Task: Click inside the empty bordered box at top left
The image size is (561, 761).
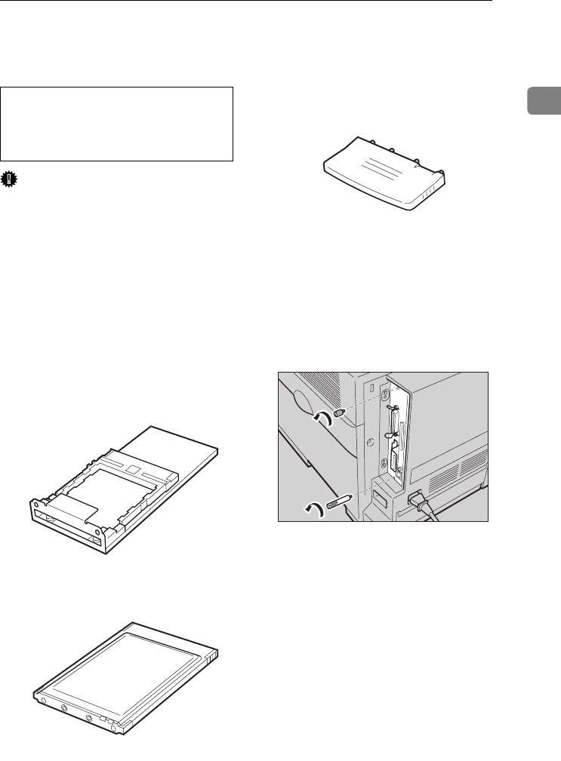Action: tap(116, 124)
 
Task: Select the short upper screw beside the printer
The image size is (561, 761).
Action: tap(338, 415)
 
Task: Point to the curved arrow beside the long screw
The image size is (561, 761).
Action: tap(314, 508)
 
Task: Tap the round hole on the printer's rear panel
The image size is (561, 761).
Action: tap(369, 443)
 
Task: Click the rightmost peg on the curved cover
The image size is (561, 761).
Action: tap(439, 171)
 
